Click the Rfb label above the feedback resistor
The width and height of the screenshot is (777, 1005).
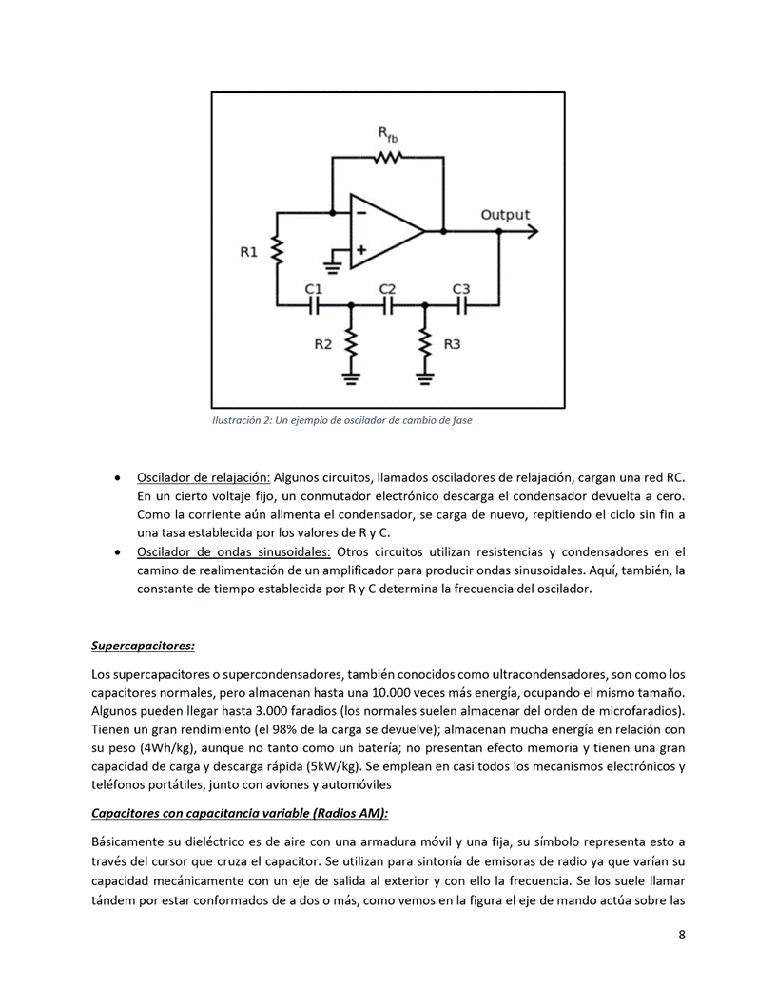pos(388,135)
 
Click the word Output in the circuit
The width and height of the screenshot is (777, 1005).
pos(505,215)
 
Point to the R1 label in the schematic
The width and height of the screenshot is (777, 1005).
pos(248,252)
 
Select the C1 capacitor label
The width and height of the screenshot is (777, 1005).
pos(313,288)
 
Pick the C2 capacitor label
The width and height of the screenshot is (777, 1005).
pos(387,288)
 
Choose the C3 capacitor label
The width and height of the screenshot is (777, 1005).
pos(461,288)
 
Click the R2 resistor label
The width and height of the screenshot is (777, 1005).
pos(322,344)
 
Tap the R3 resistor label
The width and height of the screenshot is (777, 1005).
pos(452,344)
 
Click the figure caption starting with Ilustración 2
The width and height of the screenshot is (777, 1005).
pos(341,420)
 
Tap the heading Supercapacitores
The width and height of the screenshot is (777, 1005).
pos(143,647)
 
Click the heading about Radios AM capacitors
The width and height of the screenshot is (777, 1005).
pos(240,814)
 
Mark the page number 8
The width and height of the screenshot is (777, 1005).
pos(682,935)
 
